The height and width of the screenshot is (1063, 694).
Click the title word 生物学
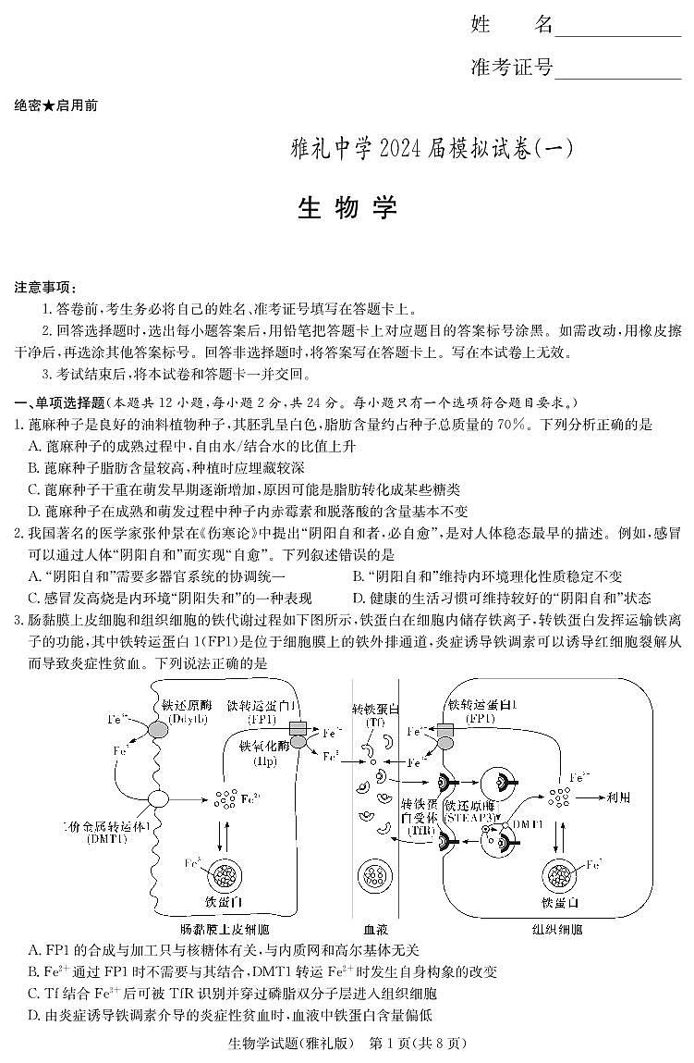coord(347,207)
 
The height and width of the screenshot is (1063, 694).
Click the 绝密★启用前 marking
coord(56,105)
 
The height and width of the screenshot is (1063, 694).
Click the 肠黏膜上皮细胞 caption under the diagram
coord(225,928)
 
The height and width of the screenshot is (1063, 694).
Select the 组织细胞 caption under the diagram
coord(557,928)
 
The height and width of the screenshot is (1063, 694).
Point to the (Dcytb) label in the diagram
coord(182,717)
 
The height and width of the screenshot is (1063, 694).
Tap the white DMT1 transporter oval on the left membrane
coord(157,798)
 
